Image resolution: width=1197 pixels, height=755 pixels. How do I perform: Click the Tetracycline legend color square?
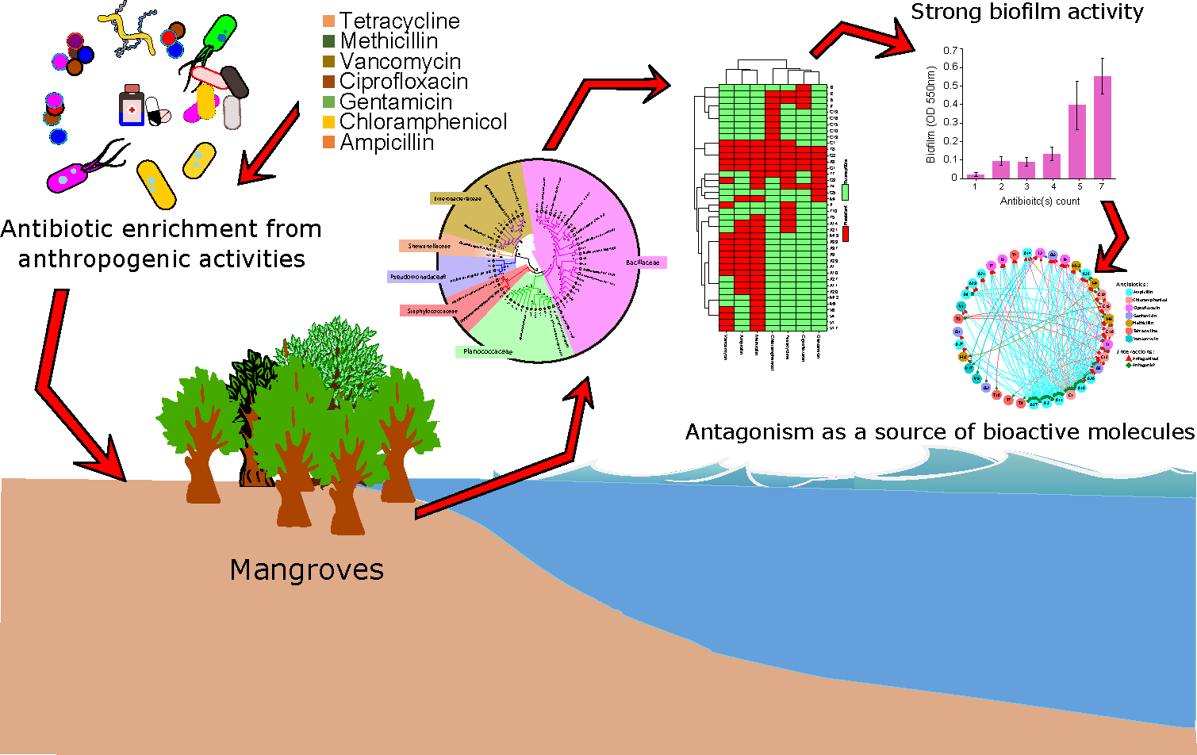(328, 21)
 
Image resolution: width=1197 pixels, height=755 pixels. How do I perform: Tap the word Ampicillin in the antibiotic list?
(387, 143)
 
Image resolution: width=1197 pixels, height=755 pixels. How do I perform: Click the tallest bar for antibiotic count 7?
(1103, 127)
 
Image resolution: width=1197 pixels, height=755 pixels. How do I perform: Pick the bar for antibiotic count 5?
(1076, 141)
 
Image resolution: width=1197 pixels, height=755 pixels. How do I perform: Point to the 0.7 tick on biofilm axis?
(951, 50)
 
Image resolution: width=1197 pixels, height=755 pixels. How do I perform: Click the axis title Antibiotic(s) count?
(1040, 201)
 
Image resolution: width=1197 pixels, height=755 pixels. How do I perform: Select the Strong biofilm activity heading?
(1026, 12)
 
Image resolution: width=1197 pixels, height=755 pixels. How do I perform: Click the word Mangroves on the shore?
(307, 569)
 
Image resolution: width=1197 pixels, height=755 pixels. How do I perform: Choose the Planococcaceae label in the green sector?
(488, 351)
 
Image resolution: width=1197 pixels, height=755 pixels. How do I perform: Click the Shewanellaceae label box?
(429, 247)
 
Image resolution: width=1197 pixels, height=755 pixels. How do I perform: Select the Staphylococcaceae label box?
(432, 312)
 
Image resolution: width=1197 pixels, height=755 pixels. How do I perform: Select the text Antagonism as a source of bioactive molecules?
(939, 432)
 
